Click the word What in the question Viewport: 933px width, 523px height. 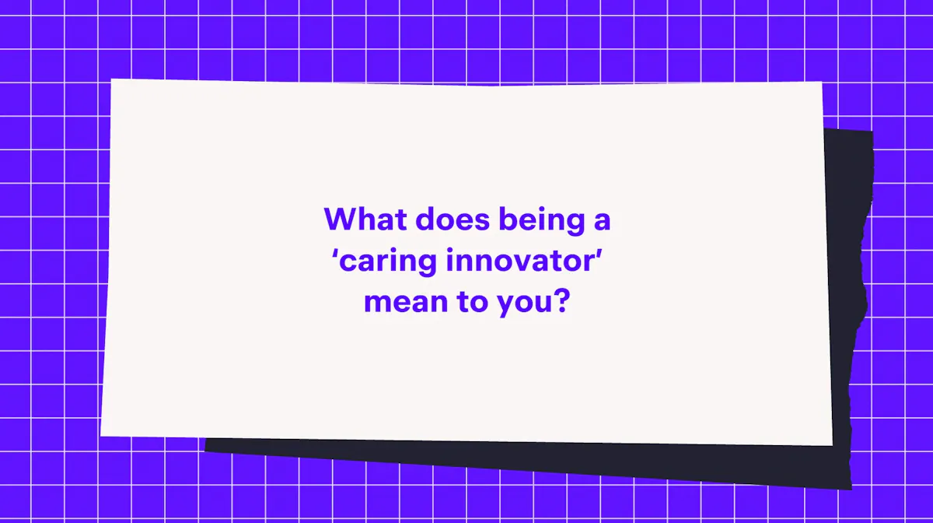[x=365, y=219]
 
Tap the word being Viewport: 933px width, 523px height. [x=542, y=221]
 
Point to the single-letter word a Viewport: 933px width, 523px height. [x=603, y=222]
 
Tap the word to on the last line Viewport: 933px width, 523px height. [x=473, y=300]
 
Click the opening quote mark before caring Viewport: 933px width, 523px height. [x=335, y=253]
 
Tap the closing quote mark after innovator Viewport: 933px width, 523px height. [x=599, y=253]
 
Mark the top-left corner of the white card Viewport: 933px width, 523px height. [x=111, y=79]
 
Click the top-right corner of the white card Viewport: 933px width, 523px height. [x=823, y=82]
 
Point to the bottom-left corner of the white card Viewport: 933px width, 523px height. [x=100, y=436]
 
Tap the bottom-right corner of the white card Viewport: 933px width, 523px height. [x=832, y=445]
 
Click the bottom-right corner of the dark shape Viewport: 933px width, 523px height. [x=851, y=490]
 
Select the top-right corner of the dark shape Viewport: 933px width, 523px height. [x=873, y=132]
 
